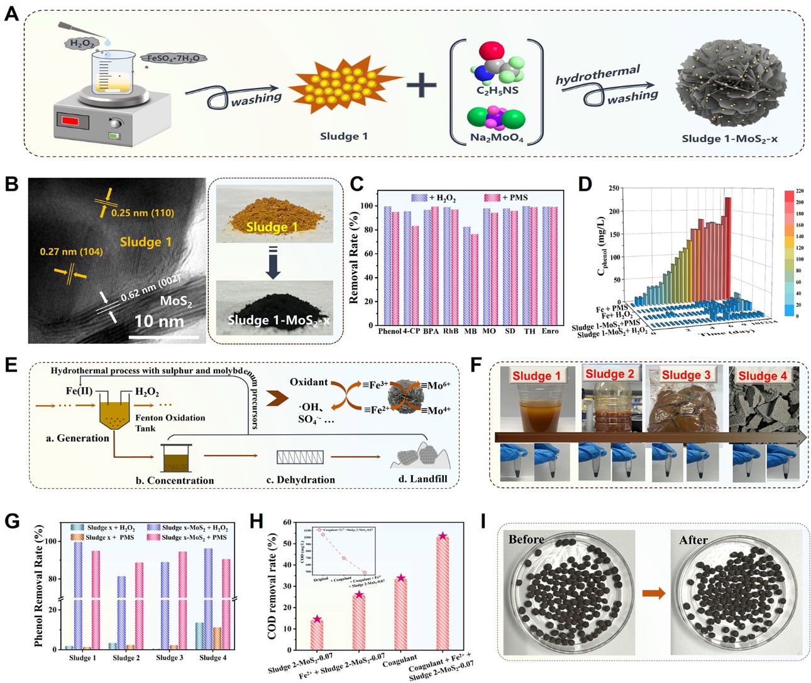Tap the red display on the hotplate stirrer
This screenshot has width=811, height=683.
(70, 121)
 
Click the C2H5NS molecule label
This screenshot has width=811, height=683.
(497, 90)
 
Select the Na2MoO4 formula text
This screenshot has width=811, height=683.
(497, 138)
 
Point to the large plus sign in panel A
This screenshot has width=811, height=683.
(421, 85)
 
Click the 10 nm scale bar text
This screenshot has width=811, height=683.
(159, 322)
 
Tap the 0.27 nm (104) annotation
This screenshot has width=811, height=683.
(71, 251)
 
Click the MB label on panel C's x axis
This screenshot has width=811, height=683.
(470, 331)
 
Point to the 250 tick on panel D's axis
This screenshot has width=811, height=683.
(614, 188)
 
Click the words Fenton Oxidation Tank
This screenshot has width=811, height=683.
(170, 422)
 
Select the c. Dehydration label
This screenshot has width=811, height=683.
(301, 480)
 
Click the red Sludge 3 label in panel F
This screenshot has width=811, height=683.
(686, 375)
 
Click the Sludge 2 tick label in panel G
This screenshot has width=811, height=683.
(126, 658)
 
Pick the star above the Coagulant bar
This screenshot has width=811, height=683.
(400, 578)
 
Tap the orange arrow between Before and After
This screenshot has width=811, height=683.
(654, 593)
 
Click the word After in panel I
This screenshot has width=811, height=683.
(693, 540)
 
